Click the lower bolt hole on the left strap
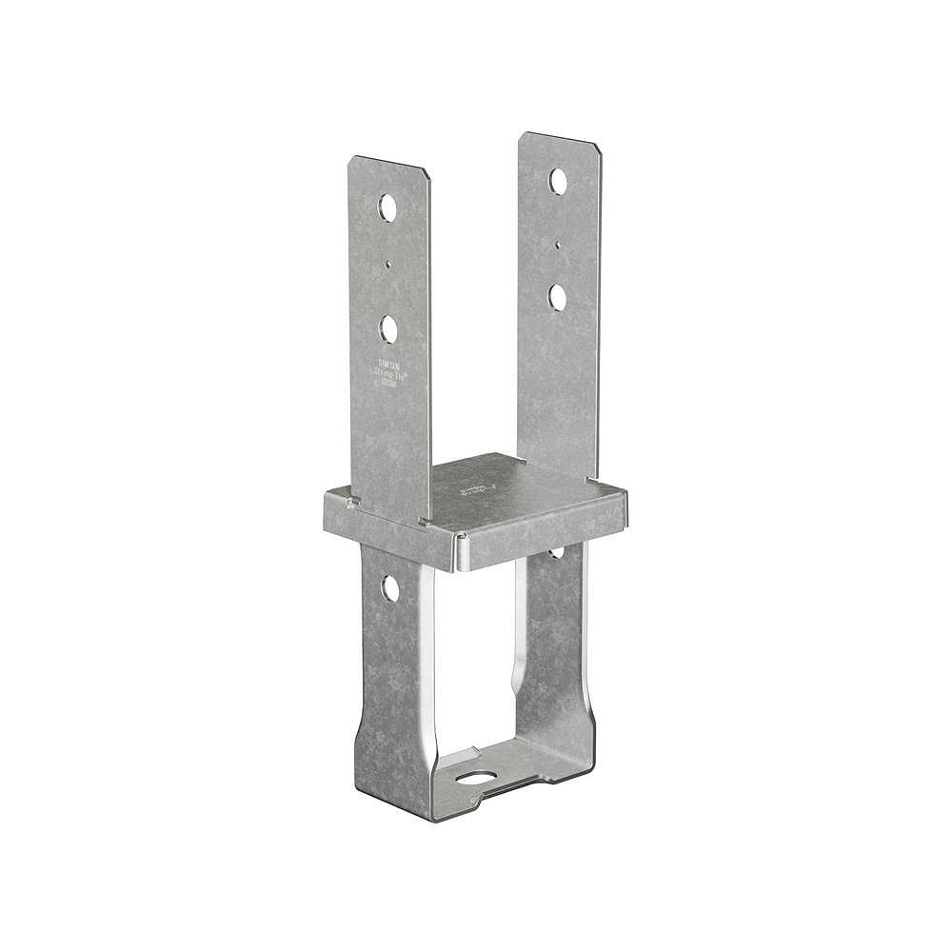coord(387,328)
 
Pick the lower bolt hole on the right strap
coord(558,296)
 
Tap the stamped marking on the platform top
coord(473,491)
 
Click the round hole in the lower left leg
coord(390,587)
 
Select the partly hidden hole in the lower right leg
coord(556,551)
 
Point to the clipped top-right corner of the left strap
coord(426,173)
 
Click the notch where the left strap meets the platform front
coord(420,521)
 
